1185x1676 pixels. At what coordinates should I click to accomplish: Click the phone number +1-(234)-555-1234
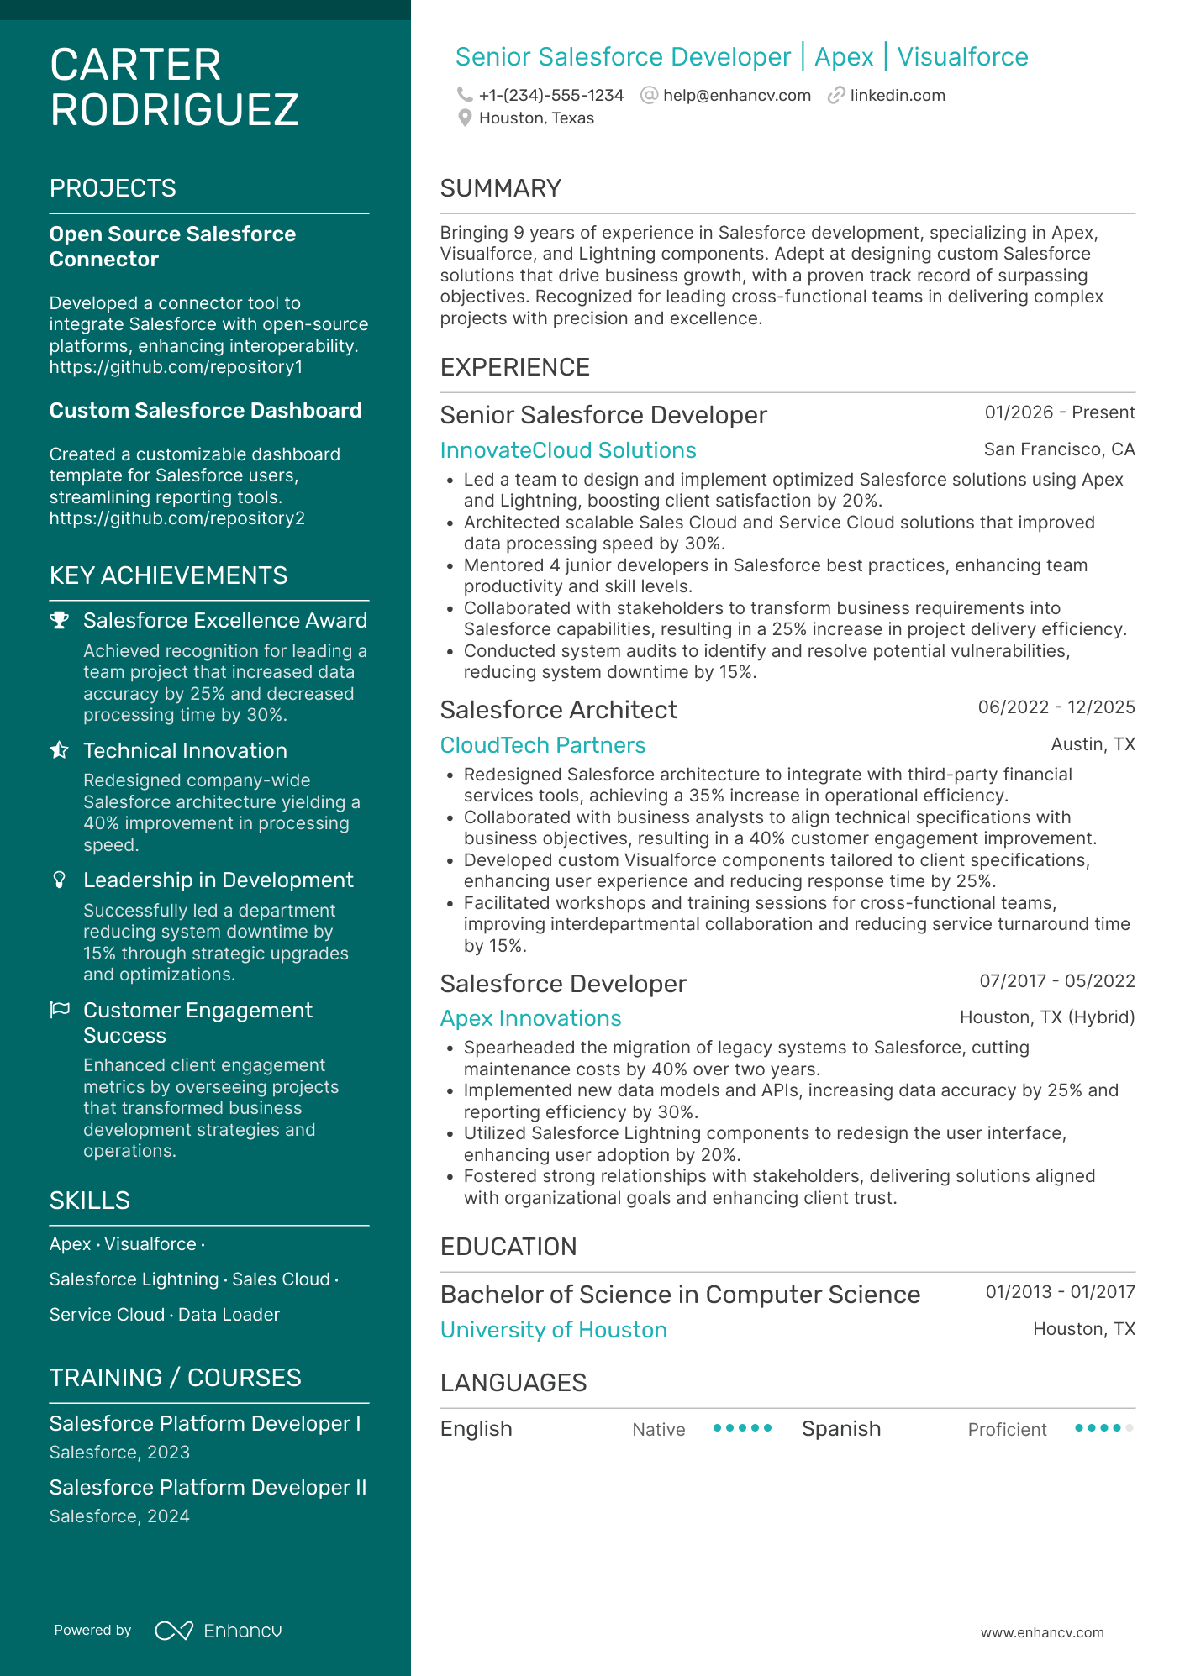550,96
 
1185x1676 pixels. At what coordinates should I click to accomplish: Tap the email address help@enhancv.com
736,96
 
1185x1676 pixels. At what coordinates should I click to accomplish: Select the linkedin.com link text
897,96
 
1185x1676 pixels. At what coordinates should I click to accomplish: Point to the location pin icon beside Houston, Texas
465,118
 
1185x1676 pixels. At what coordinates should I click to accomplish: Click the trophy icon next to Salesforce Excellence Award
59,620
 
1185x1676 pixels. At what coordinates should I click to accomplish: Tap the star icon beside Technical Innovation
59,750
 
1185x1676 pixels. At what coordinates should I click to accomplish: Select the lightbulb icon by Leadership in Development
59,880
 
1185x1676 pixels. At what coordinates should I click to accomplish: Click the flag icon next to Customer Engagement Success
59,1010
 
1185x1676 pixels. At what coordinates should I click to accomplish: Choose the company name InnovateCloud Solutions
568,450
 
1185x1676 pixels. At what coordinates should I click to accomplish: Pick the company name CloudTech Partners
543,745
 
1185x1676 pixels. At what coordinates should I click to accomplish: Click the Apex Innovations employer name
530,1018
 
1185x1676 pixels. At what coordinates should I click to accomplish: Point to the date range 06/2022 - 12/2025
1056,707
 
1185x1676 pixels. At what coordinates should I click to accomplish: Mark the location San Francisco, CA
1059,449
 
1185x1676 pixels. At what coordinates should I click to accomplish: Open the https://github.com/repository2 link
176,518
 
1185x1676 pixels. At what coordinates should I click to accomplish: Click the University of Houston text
553,1330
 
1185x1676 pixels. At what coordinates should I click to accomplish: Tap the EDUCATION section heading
508,1247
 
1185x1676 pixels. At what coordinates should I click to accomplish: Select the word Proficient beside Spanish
1007,1430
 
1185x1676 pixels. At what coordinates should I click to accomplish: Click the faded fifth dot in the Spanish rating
1130,1428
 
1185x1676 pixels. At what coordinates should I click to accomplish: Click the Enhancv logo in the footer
219,1631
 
